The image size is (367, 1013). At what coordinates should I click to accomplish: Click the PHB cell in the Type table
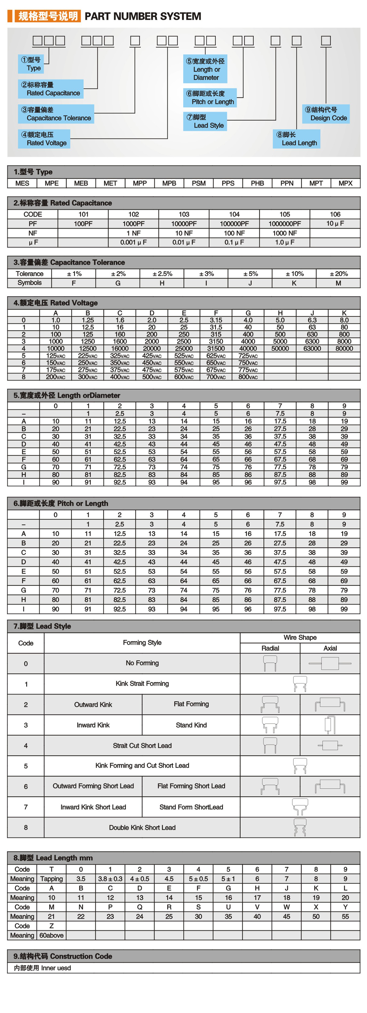(257, 183)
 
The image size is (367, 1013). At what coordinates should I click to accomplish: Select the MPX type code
(345, 183)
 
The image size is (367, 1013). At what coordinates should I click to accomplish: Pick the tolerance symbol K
(294, 283)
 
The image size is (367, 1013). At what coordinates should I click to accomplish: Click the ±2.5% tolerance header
(162, 274)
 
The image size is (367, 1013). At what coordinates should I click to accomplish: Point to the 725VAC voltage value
(248, 355)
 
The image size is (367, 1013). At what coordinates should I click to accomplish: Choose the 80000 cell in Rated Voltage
(344, 348)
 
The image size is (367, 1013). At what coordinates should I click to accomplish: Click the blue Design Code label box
(326, 114)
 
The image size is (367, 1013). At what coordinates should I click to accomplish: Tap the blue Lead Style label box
(205, 121)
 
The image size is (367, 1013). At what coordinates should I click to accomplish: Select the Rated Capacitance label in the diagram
(50, 89)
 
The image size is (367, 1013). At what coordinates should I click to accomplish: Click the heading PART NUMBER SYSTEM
(143, 16)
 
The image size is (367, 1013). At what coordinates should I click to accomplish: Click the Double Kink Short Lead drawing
(300, 827)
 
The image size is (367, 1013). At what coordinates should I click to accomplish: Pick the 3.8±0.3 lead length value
(110, 879)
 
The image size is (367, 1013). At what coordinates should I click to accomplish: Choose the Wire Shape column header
(300, 637)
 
